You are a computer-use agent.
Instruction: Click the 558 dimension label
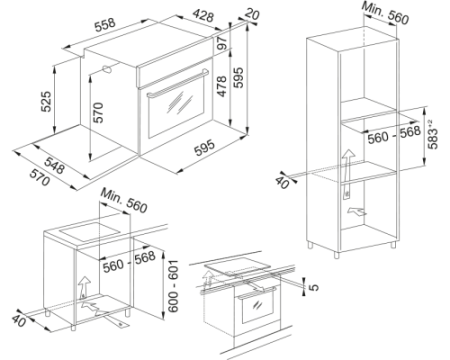click(105, 25)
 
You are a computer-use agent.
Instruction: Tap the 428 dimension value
click(203, 15)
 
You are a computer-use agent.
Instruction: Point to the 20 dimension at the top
click(252, 14)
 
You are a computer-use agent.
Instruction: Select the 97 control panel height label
click(222, 43)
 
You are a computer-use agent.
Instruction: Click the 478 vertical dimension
click(222, 86)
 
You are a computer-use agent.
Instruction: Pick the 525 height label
click(46, 101)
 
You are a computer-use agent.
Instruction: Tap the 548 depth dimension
click(54, 165)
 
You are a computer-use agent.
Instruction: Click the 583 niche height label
click(432, 134)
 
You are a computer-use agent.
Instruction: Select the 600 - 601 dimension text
click(173, 286)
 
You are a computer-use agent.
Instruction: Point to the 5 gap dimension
click(314, 287)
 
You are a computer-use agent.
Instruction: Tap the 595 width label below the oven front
click(205, 148)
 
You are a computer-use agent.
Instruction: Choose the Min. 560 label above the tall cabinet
click(385, 13)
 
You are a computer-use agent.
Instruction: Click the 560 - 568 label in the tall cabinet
click(394, 134)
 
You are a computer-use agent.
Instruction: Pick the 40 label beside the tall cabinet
click(282, 182)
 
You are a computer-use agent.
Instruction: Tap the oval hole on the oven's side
click(108, 69)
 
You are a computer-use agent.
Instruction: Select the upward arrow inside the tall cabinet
click(347, 173)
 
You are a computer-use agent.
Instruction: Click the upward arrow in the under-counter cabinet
click(84, 287)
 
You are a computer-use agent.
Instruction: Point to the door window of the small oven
click(258, 306)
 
